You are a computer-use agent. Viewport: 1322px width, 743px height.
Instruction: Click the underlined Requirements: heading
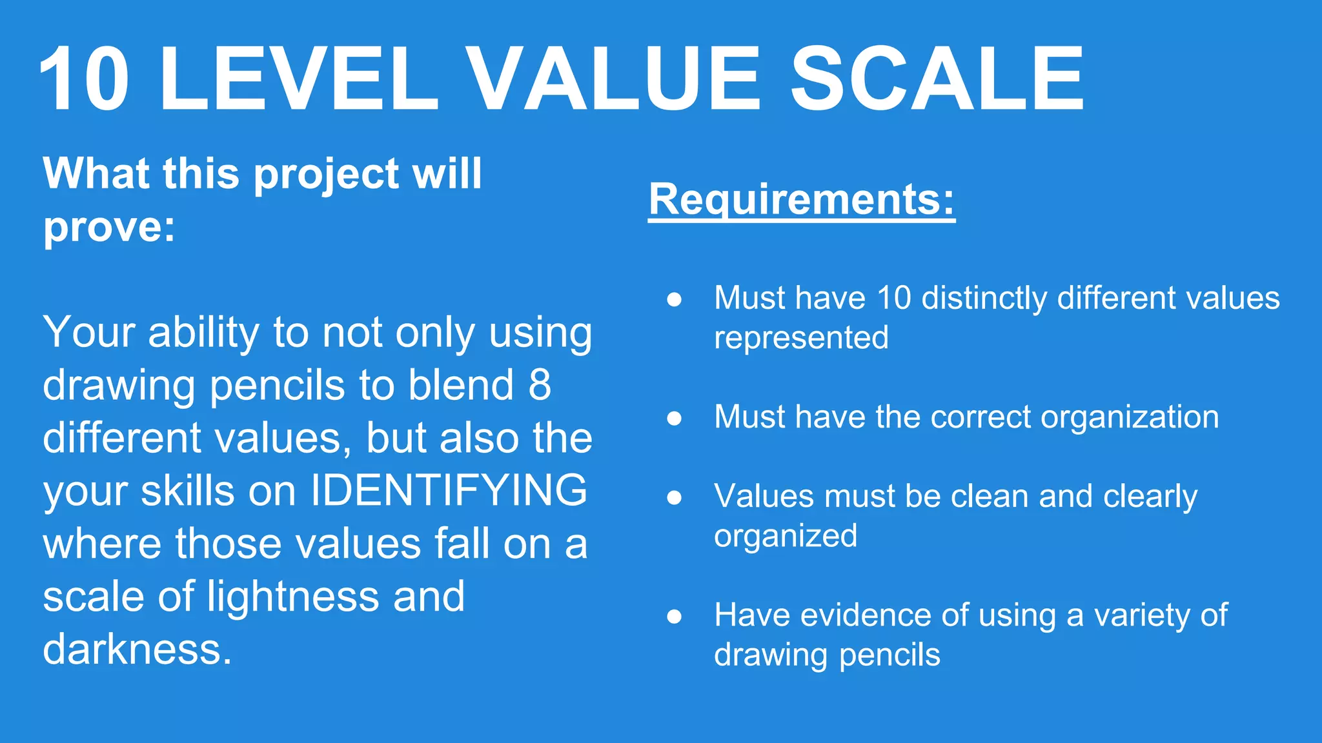point(802,200)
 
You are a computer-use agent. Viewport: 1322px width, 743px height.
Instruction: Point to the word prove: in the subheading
point(109,227)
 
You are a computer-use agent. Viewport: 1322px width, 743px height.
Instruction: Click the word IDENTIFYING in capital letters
point(449,490)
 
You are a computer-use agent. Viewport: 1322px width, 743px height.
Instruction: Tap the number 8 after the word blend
point(540,385)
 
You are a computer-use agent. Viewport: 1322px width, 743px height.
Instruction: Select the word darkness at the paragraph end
point(137,649)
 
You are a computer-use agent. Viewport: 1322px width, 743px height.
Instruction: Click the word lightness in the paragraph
point(293,596)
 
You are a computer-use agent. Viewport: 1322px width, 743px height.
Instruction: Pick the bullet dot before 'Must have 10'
point(675,299)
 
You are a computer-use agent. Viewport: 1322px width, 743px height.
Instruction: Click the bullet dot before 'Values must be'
point(675,497)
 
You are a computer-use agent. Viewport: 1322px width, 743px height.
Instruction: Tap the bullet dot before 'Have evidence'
point(675,617)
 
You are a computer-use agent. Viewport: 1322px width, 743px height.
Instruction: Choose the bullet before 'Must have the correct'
point(675,418)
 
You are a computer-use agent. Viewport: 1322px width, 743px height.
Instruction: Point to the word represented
point(801,338)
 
